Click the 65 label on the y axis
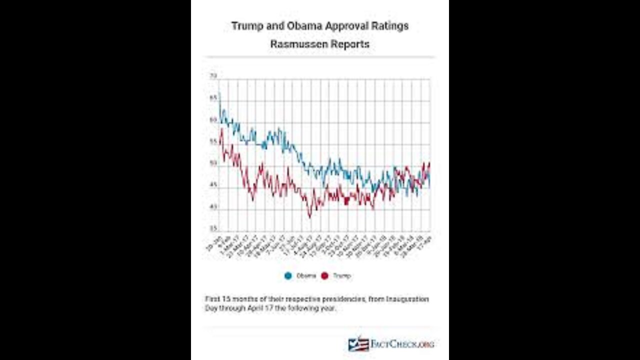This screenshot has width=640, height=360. [x=213, y=98]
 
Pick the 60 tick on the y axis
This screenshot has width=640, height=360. [x=213, y=120]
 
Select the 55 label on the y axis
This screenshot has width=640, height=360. [x=213, y=142]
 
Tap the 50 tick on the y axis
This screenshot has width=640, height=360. [x=213, y=163]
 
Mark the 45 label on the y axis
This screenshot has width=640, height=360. [x=213, y=185]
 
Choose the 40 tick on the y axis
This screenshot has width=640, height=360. [x=213, y=207]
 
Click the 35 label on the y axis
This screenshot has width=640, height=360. [x=213, y=228]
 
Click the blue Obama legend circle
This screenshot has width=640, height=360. [x=288, y=275]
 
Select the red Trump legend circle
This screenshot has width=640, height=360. [x=324, y=275]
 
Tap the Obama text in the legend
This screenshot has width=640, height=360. [x=306, y=275]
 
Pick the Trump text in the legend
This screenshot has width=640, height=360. [x=342, y=275]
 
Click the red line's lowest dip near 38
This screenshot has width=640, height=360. [x=309, y=216]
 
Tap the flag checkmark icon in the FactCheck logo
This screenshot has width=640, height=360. [x=358, y=344]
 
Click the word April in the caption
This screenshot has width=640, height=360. [x=256, y=308]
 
